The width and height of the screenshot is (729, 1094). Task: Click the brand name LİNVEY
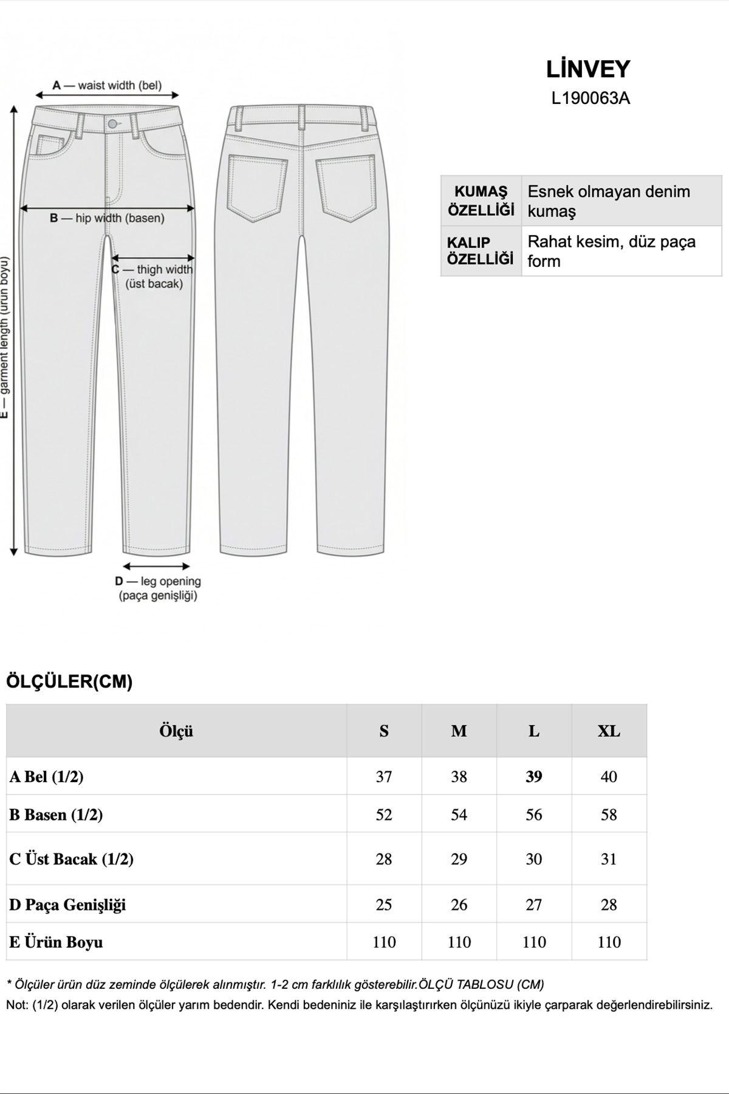click(x=588, y=69)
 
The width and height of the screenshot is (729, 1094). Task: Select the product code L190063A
click(x=590, y=98)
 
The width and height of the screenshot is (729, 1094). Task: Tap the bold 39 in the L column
click(x=533, y=776)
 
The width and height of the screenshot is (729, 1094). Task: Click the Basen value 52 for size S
click(x=384, y=814)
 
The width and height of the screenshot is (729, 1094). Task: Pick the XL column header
click(x=609, y=731)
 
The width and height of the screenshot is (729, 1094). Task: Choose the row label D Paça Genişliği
click(x=67, y=904)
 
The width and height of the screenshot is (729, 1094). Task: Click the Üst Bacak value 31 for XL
click(x=609, y=859)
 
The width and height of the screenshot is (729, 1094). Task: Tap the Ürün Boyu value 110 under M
click(x=459, y=942)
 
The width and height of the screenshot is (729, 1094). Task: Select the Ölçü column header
click(x=176, y=731)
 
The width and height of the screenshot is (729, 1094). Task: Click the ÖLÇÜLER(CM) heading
click(x=69, y=682)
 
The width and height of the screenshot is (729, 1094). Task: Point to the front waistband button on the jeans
click(x=112, y=124)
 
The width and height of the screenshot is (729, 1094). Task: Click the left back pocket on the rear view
click(x=258, y=187)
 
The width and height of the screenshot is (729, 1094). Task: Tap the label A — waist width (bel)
click(x=108, y=86)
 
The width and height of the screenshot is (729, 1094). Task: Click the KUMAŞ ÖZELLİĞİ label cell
click(x=481, y=201)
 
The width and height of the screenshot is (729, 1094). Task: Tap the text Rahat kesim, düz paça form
click(x=611, y=251)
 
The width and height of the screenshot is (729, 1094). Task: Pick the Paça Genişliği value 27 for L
click(x=533, y=904)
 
